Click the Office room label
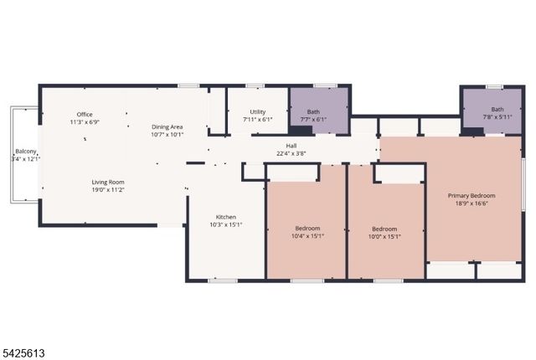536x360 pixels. click(85, 114)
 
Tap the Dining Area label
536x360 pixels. click(167, 126)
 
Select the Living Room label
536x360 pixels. click(108, 182)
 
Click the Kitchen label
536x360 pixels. click(226, 217)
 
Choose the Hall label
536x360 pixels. click(291, 146)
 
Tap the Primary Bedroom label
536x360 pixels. click(475, 195)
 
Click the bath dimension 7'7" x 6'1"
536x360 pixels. click(313, 120)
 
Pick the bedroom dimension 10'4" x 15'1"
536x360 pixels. click(307, 236)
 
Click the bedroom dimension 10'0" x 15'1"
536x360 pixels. click(384, 236)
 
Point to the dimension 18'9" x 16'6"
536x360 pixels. click(475, 203)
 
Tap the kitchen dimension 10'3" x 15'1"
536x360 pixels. click(226, 224)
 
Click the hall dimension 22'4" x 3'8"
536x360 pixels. click(291, 153)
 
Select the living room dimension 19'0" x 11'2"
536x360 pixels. click(108, 190)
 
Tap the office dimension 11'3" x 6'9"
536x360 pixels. click(85, 122)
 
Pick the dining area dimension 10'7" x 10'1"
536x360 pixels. click(167, 134)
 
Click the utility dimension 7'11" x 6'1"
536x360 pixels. click(258, 120)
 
